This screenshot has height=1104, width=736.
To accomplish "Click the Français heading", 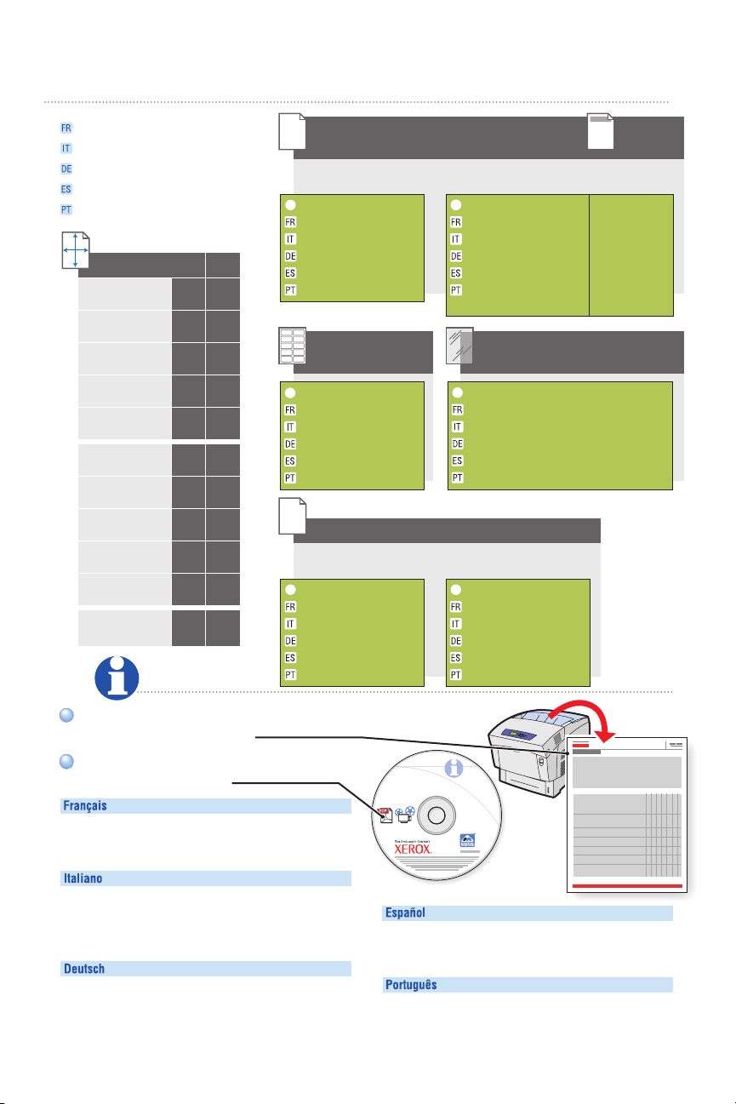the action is point(85,806).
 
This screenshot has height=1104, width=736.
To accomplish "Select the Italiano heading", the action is point(83,878).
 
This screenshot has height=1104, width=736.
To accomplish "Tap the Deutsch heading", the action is point(84,969).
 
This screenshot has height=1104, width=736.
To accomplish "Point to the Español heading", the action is point(406,913).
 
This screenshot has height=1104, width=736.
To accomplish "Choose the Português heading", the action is point(412,985).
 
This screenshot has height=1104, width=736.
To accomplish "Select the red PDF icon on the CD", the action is point(385,812).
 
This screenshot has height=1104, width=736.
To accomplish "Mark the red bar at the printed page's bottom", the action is point(629,886).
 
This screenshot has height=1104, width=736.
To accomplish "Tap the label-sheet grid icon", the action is point(292,346).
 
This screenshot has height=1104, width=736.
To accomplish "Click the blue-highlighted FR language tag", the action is point(66,128).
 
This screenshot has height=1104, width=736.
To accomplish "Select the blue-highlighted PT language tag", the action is point(66,209).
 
